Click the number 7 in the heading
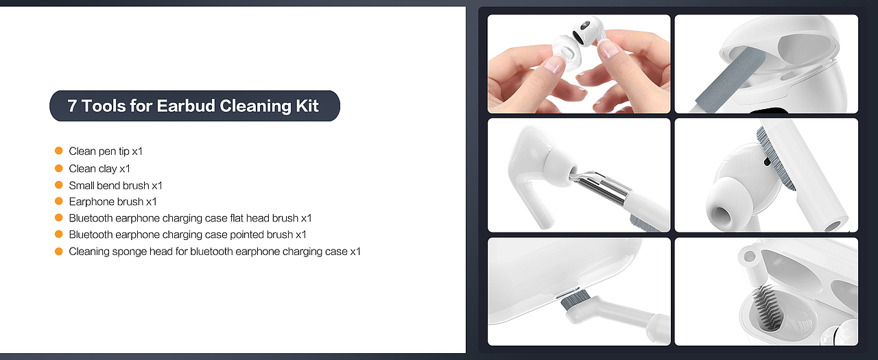72,106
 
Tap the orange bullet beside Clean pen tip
59,151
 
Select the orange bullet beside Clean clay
59,168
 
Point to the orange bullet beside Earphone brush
59,201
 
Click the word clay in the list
106,169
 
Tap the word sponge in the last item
130,252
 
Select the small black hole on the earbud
767,161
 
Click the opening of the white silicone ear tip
721,215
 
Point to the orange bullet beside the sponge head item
59,251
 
